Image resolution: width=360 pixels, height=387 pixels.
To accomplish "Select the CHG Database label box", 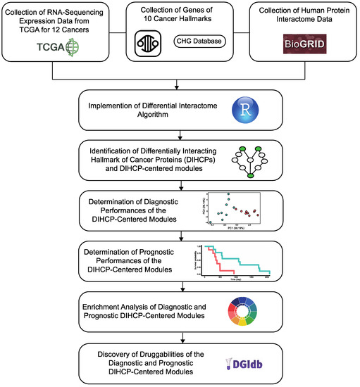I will click(x=199, y=42).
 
